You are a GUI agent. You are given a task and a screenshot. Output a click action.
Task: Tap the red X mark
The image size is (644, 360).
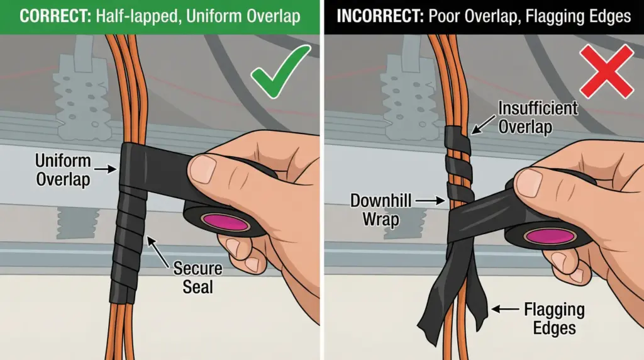[x=607, y=72]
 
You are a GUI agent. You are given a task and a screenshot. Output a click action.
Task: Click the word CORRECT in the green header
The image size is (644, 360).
[x=55, y=16]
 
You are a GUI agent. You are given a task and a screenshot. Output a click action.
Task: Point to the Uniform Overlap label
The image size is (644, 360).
[x=63, y=170]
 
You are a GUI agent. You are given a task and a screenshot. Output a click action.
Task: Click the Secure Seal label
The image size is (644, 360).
[x=197, y=278]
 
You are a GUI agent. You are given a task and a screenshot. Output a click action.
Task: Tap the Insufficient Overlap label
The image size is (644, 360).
[x=538, y=117]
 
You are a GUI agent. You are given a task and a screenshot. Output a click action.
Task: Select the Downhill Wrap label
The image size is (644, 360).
[x=380, y=210]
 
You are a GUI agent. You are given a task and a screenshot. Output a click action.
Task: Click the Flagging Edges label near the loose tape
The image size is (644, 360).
[x=554, y=318]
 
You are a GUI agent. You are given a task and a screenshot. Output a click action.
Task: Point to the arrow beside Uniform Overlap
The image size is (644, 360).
[x=106, y=169]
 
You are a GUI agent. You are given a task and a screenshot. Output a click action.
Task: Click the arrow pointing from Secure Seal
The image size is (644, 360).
[x=158, y=252]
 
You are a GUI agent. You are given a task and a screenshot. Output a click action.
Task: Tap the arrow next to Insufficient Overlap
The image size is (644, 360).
[x=483, y=125]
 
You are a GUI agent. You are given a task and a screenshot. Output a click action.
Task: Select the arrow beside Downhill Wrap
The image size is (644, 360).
[x=430, y=201]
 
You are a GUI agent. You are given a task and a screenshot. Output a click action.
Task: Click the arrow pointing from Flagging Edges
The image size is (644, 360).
[x=505, y=308]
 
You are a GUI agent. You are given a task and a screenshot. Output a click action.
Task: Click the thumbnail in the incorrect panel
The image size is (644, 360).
[x=530, y=183]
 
